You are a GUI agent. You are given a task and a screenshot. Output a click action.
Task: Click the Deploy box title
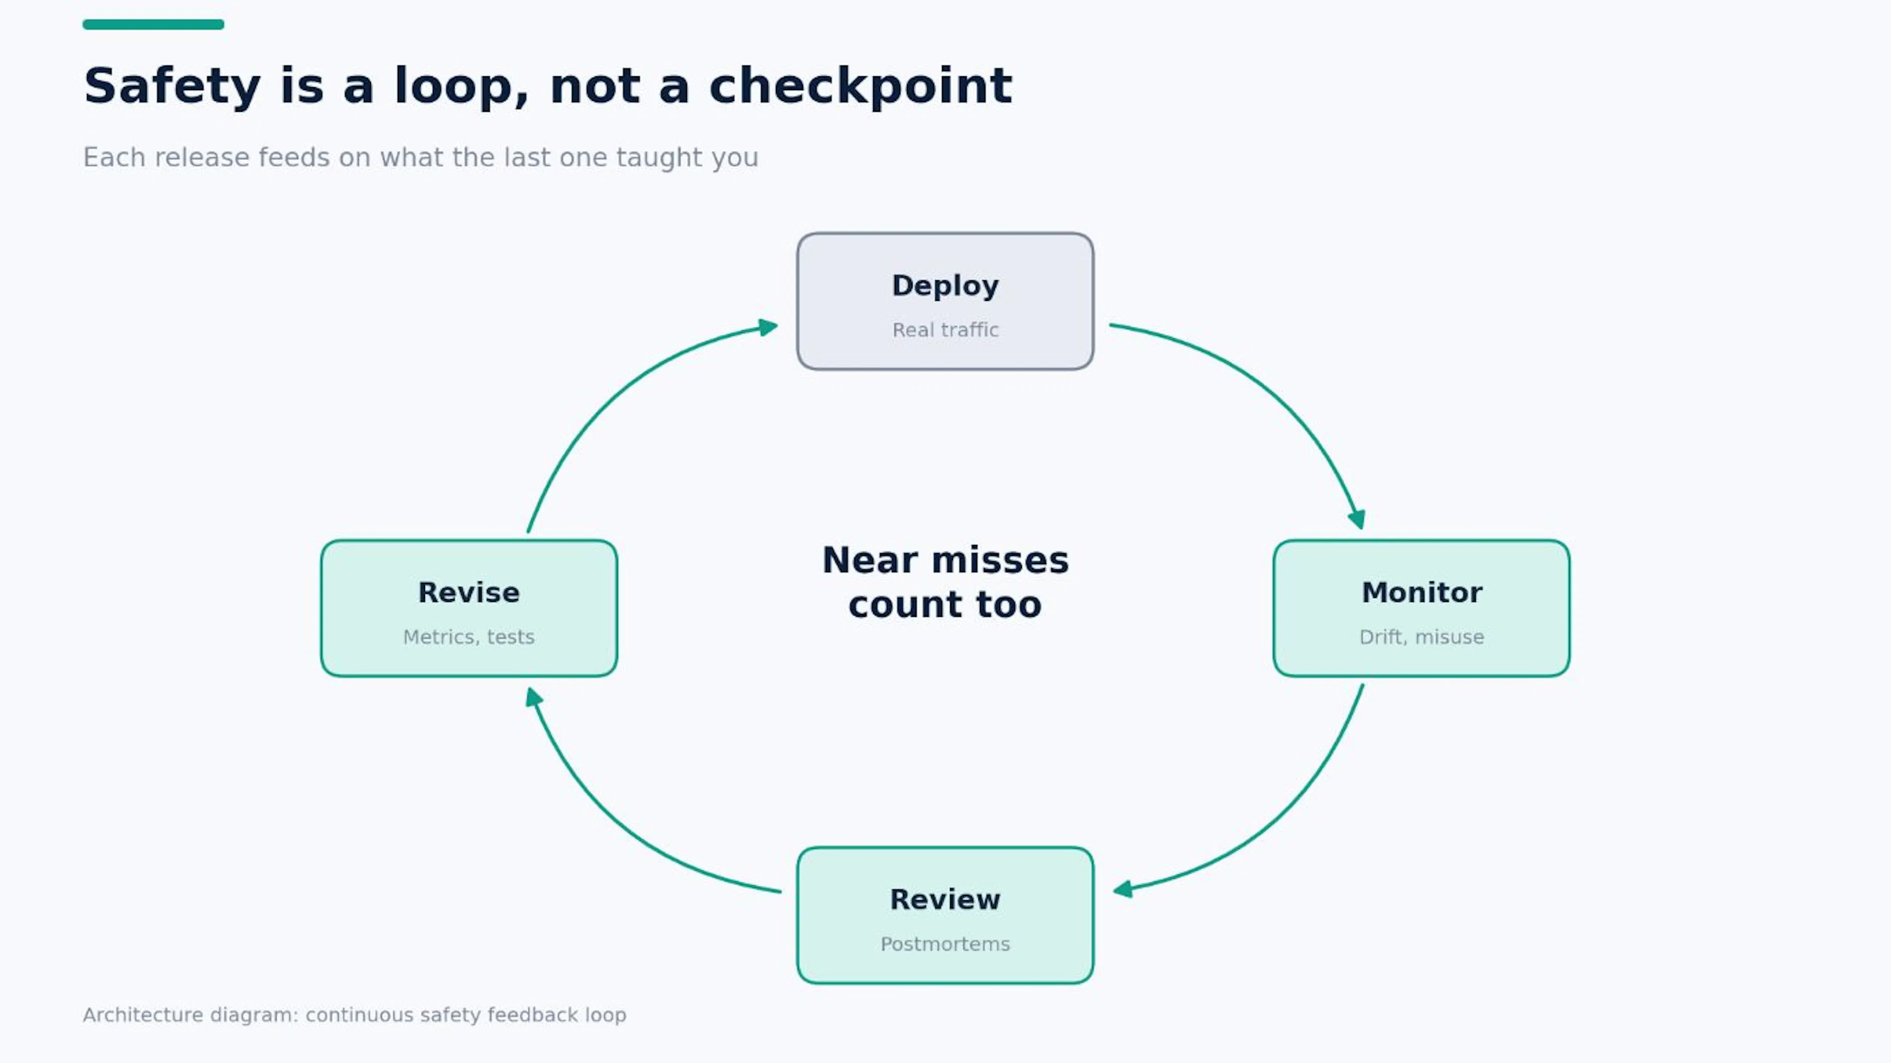click(945, 286)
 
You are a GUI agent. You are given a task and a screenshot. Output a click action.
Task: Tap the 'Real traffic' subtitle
click(945, 329)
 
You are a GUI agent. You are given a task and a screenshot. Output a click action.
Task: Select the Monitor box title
click(1421, 592)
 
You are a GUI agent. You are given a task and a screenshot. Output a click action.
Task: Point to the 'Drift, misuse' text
click(1421, 637)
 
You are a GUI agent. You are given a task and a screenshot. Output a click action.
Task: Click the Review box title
click(945, 900)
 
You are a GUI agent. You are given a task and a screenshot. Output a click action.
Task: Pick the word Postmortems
click(945, 943)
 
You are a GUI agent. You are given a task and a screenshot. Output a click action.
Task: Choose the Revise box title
click(468, 592)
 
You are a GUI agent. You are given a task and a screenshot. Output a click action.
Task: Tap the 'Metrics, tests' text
click(468, 637)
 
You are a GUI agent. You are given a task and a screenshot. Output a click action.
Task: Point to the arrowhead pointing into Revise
click(534, 697)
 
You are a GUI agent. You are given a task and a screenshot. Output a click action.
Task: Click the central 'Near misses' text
click(945, 560)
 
